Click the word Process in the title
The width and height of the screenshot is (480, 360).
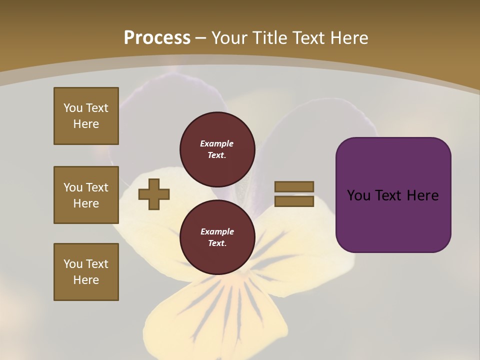pos(157,38)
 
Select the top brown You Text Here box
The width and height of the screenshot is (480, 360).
pos(86,116)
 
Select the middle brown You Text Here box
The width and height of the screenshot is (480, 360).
pos(86,195)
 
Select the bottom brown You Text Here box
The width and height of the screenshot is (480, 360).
pos(86,272)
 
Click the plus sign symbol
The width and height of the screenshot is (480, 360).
pos(154,194)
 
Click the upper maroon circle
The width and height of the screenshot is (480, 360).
pos(217,149)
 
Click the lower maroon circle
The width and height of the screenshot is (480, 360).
pos(217,237)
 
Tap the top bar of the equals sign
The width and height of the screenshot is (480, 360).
pos(294,186)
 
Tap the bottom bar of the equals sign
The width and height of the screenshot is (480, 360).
pos(294,201)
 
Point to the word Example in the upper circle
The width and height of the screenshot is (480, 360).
pos(217,143)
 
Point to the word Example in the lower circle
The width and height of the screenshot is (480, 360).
pos(217,231)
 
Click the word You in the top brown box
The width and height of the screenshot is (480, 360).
pos(73,108)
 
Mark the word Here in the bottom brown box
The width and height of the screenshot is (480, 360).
pos(86,280)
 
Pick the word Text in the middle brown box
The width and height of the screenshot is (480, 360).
pos(97,187)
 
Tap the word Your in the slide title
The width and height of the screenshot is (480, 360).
pos(230,38)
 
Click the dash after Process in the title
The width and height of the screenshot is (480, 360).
pos(200,38)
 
